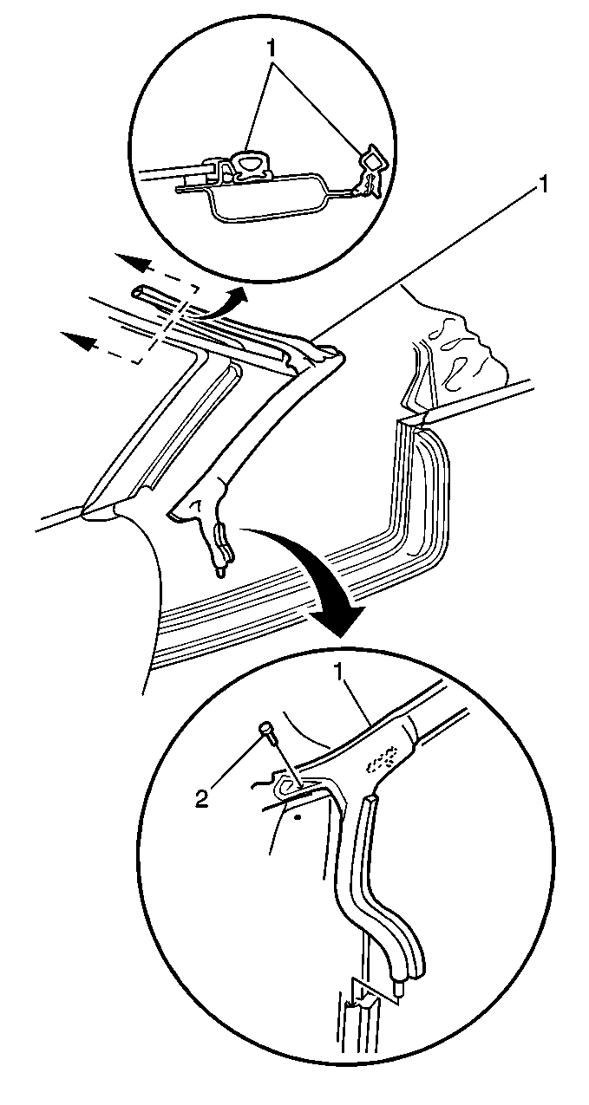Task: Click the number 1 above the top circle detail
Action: click(x=272, y=49)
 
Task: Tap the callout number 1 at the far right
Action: click(x=545, y=185)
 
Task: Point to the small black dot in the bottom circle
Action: click(x=297, y=817)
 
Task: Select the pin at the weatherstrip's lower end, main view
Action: click(x=219, y=571)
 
